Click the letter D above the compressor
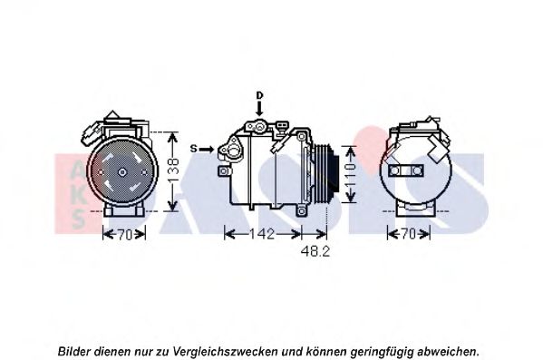pos(260,95)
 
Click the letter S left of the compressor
pos(194,149)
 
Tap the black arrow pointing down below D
pos(259,109)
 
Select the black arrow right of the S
pos(207,150)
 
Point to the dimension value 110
pos(350,175)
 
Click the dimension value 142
pos(262,234)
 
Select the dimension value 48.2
pos(315,251)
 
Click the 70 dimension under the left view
pos(125,235)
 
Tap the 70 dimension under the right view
pos(409,234)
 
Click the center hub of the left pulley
pos(121,172)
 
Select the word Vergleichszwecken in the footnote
pos(225,352)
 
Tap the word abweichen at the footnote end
pos(449,352)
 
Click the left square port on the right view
pos(394,170)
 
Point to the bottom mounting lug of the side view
pos(302,210)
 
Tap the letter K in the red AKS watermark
pos(79,195)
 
